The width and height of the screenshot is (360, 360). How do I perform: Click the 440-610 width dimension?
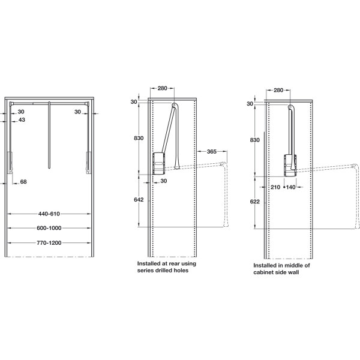pyautogui.click(x=49, y=214)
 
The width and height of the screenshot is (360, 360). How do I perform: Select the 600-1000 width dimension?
pyautogui.click(x=49, y=228)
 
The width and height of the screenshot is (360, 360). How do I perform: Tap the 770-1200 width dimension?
pyautogui.click(x=49, y=242)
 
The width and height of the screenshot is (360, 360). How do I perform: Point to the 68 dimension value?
pyautogui.click(x=23, y=182)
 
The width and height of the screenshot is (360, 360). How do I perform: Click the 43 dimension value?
pyautogui.click(x=22, y=119)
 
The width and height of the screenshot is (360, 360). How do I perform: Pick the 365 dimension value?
pyautogui.click(x=211, y=152)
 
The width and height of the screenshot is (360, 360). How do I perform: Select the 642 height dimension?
pyautogui.click(x=139, y=200)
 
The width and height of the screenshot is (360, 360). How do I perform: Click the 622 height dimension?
pyautogui.click(x=255, y=202)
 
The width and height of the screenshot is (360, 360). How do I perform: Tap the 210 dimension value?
pyautogui.click(x=275, y=187)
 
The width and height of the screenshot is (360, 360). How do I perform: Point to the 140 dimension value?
pyautogui.click(x=290, y=187)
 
